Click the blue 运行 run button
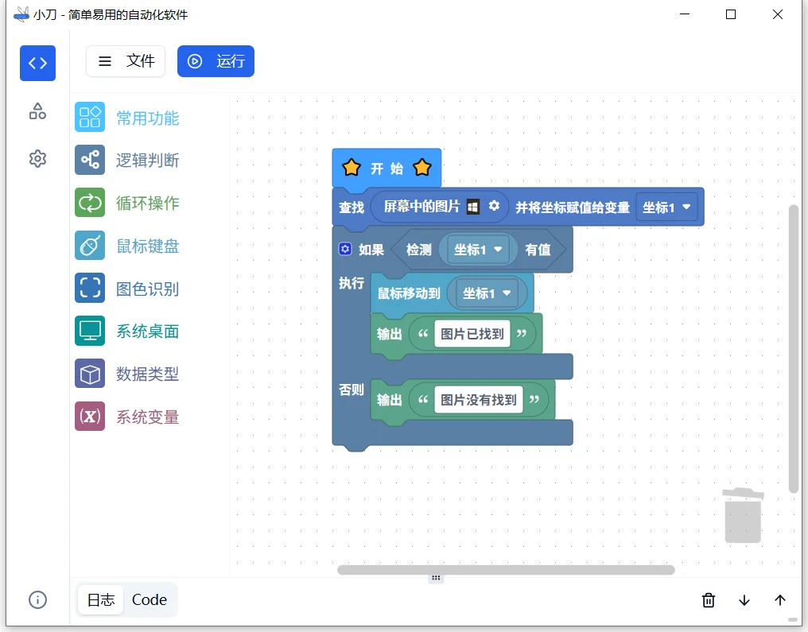click(x=216, y=61)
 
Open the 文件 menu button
click(x=126, y=61)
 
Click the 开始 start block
click(x=387, y=169)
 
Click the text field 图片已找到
click(x=472, y=334)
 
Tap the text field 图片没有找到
click(x=479, y=400)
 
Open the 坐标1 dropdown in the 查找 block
click(x=666, y=207)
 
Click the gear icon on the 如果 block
click(x=345, y=249)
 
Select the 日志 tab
click(x=101, y=600)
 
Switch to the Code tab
click(x=150, y=600)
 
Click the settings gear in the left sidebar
click(x=37, y=159)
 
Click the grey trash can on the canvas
click(x=743, y=516)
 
